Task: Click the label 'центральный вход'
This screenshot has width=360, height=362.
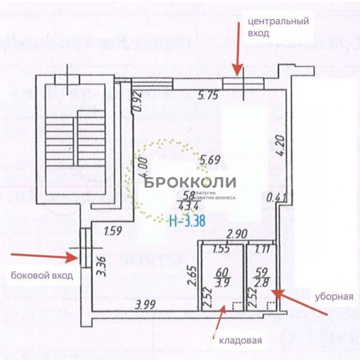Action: click(278, 27)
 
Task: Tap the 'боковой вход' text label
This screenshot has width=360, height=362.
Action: click(42, 276)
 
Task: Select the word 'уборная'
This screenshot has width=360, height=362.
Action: click(334, 296)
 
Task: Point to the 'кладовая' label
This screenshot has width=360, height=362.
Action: click(240, 341)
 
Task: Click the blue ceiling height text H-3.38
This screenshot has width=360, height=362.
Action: click(187, 220)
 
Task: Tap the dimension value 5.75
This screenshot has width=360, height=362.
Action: click(208, 96)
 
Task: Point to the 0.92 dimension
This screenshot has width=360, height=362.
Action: click(137, 102)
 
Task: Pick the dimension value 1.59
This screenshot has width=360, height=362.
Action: click(113, 230)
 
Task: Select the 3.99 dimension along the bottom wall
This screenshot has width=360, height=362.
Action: click(145, 304)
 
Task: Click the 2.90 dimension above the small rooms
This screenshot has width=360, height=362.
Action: click(236, 234)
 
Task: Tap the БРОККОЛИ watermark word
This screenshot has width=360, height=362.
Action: click(190, 183)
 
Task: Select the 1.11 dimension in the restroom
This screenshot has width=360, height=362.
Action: click(263, 249)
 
